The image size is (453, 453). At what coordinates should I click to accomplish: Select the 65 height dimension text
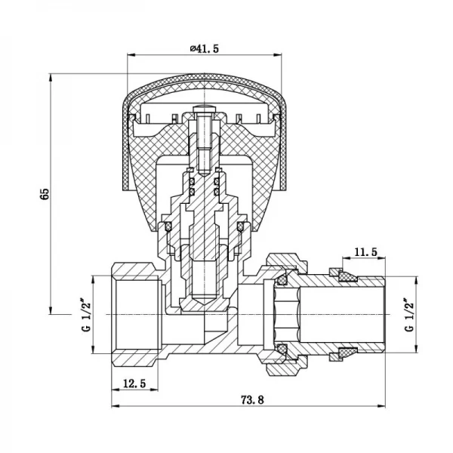point(45,193)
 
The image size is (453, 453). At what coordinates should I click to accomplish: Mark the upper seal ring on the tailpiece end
point(348,278)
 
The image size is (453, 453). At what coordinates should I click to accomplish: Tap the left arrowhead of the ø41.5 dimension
point(130,54)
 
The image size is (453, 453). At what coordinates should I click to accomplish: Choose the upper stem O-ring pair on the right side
point(219,184)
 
